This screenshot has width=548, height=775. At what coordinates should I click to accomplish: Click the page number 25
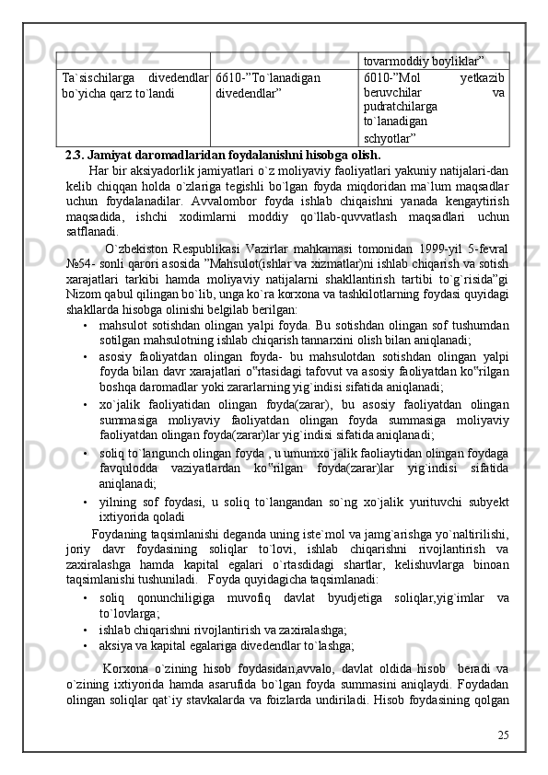pos(502,736)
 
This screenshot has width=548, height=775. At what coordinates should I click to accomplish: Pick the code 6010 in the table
pos(379,78)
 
